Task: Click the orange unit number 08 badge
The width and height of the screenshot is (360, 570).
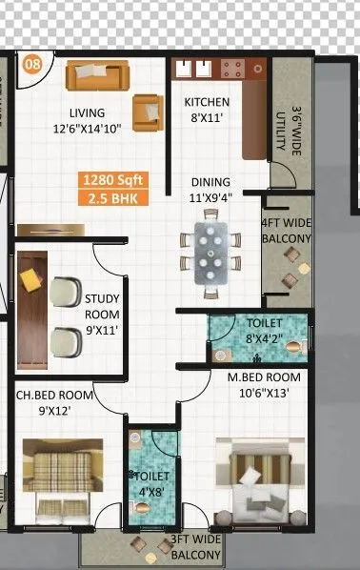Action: pyautogui.click(x=32, y=64)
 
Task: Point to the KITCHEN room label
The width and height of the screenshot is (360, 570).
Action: pyautogui.click(x=208, y=102)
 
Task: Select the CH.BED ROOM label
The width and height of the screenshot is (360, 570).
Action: pyautogui.click(x=54, y=395)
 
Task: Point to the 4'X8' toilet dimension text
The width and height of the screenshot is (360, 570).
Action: pyautogui.click(x=153, y=493)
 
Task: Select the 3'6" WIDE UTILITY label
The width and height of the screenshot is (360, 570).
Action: pyautogui.click(x=282, y=128)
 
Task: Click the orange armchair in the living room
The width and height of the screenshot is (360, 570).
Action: pyautogui.click(x=147, y=112)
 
